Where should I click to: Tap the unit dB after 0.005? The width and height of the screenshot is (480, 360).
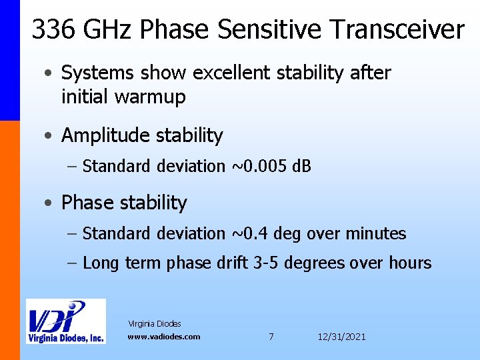coord(302,166)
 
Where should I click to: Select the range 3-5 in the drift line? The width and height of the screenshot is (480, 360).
coord(267,263)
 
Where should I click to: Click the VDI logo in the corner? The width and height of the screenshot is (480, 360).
coord(65,321)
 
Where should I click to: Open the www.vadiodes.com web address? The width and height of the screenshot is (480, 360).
coord(163,337)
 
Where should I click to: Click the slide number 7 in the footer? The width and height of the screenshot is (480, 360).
coord(271,337)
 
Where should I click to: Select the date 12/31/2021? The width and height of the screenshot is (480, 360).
coord(341,337)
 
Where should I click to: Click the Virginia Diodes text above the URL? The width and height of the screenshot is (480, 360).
coord(155,324)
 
